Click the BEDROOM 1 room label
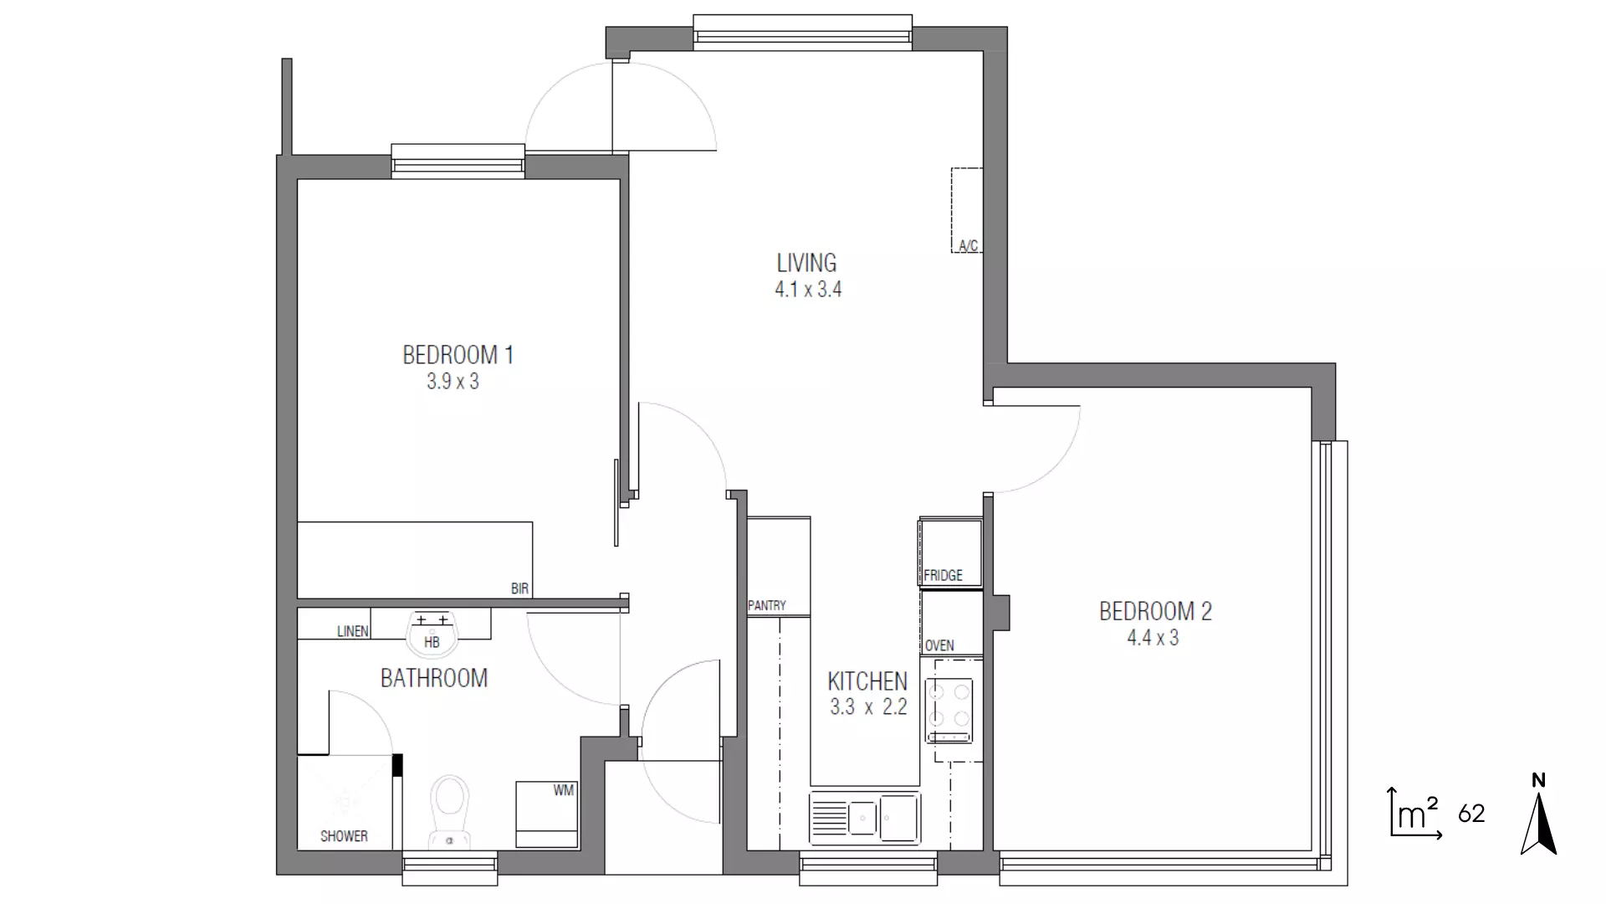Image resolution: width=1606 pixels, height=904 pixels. pyautogui.click(x=458, y=355)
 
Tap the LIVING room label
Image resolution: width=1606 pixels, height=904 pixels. pyautogui.click(x=806, y=263)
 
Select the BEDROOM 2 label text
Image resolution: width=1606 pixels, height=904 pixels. pyautogui.click(x=1155, y=611)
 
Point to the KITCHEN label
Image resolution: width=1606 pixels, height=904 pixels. pyautogui.click(x=867, y=681)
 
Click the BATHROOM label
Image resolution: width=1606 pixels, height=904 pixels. pyautogui.click(x=433, y=678)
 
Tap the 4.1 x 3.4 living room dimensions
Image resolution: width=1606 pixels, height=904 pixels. pyautogui.click(x=808, y=290)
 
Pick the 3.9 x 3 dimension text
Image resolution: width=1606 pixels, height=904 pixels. pyautogui.click(x=453, y=382)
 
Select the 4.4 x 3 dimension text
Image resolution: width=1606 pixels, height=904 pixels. pyautogui.click(x=1153, y=638)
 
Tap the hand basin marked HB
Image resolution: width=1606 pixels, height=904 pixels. pyautogui.click(x=432, y=634)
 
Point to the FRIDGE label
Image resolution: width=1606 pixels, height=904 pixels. pyautogui.click(x=943, y=576)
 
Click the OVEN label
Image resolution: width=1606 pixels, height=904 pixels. pyautogui.click(x=939, y=646)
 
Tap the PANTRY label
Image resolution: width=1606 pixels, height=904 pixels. pyautogui.click(x=767, y=606)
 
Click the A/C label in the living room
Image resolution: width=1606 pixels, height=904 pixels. pyautogui.click(x=968, y=246)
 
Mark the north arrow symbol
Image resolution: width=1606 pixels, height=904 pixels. pyautogui.click(x=1538, y=816)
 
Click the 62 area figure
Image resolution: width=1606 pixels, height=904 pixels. pyautogui.click(x=1471, y=814)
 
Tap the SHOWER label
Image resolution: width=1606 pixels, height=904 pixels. pyautogui.click(x=344, y=836)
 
